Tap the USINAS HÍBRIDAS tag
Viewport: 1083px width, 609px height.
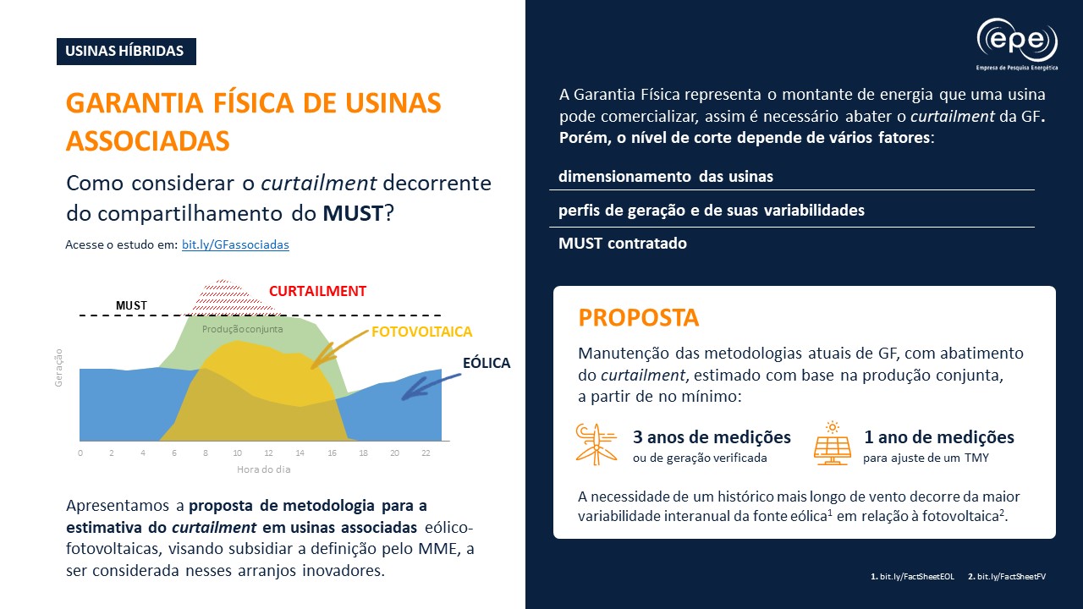[126, 51]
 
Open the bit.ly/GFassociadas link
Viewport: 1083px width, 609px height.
[235, 244]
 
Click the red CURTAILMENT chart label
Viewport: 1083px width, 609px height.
[317, 291]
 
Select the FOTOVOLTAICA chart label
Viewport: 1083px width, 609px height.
[421, 332]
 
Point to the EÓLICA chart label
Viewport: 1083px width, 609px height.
[487, 363]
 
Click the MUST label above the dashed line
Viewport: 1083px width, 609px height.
[131, 305]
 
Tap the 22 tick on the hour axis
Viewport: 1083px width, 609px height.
[426, 453]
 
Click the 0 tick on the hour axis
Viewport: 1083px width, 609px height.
[80, 453]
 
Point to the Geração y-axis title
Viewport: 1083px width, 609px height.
[59, 368]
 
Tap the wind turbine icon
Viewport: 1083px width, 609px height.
[596, 443]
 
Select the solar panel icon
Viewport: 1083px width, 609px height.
[832, 443]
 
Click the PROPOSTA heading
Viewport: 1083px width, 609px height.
[639, 318]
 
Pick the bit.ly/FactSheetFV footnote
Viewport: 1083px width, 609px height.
[1011, 576]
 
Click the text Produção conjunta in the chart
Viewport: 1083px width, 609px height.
[243, 329]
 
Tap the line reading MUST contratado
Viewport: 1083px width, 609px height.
[623, 244]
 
